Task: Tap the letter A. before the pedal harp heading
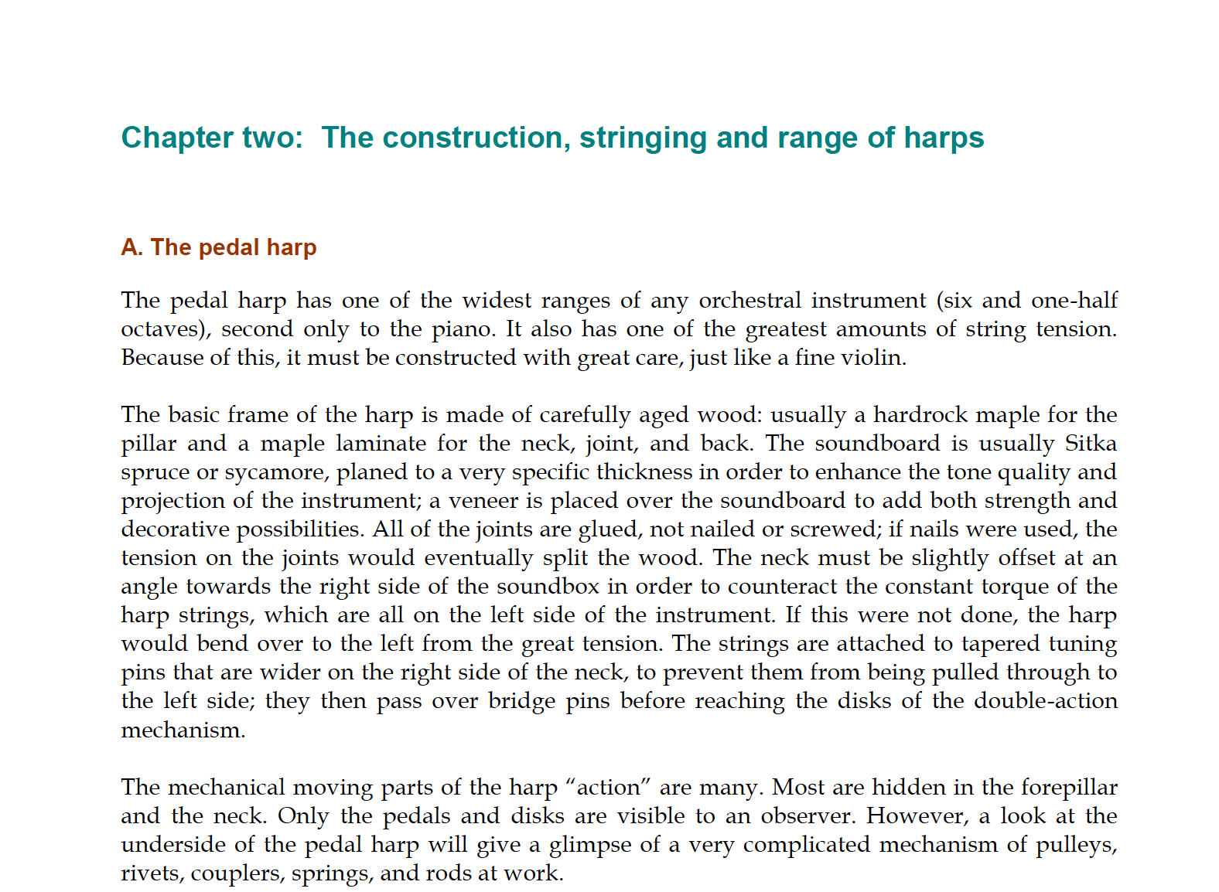[132, 247]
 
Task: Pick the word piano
[462, 329]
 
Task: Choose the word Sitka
[1091, 444]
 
